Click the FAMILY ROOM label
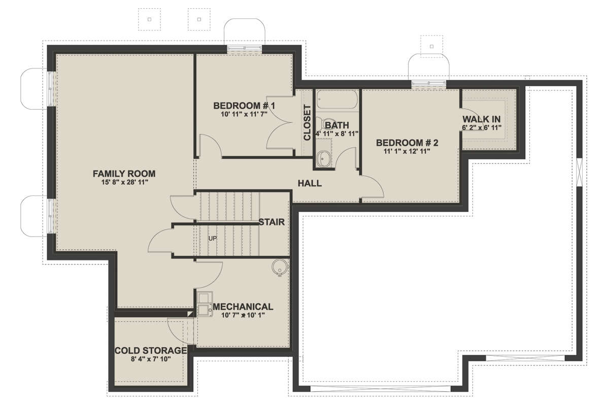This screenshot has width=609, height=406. tap(124, 174)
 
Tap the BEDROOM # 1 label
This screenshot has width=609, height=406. tap(244, 106)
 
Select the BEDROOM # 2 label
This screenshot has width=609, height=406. tap(407, 143)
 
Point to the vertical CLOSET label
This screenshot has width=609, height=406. tap(307, 122)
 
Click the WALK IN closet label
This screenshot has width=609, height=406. tap(482, 119)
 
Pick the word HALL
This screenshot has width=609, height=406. tap(310, 183)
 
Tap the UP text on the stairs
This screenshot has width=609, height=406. tap(213, 239)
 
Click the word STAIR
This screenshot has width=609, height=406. tap(272, 222)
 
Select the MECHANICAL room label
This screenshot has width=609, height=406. tap(243, 307)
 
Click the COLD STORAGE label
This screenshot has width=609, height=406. tap(151, 351)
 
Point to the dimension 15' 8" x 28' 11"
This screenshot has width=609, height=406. tap(124, 182)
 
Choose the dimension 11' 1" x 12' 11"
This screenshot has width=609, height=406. tap(407, 151)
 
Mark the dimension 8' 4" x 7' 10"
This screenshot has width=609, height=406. tap(151, 359)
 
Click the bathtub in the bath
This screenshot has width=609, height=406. tap(337, 100)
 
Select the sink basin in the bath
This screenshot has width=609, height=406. tap(324, 158)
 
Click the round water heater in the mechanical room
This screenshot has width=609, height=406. tap(280, 267)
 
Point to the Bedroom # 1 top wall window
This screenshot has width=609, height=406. tap(244, 48)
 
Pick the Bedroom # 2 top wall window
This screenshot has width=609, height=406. tap(428, 83)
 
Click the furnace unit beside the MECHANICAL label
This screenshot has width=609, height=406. tap(205, 304)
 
